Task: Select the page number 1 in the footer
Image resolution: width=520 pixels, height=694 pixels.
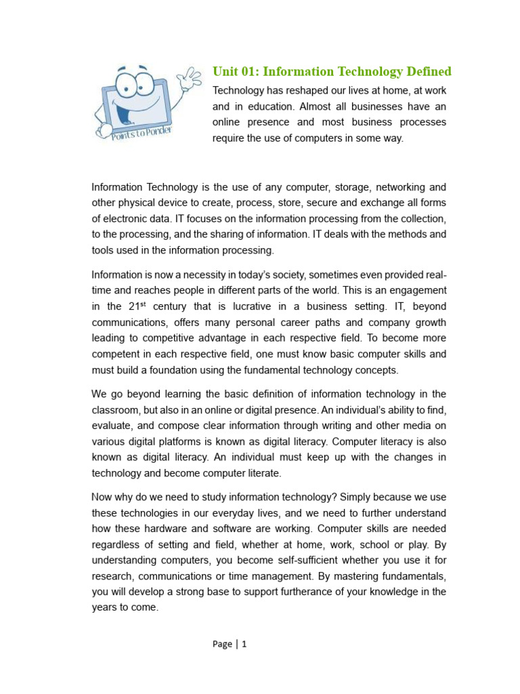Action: pos(244,644)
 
